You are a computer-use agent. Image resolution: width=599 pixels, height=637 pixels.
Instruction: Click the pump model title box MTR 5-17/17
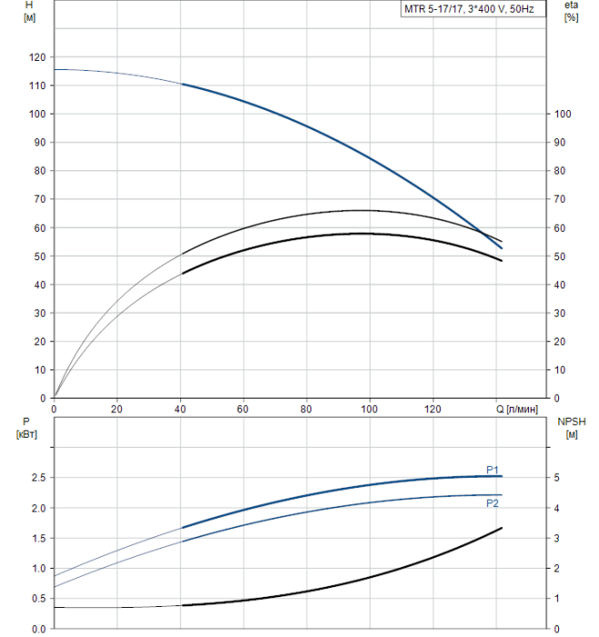473,9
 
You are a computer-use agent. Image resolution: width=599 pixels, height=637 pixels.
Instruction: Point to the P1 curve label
492,470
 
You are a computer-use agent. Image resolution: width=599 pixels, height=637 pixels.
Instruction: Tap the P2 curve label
492,503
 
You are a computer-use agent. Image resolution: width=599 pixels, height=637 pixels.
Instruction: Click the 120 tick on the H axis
37,57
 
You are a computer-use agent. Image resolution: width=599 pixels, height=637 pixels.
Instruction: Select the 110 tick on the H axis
37,86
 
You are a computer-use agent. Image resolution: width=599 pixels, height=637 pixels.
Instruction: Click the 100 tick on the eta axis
563,114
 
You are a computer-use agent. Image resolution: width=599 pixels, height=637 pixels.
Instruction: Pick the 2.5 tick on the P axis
39,478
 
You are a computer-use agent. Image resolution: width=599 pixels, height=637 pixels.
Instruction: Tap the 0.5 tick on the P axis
39,599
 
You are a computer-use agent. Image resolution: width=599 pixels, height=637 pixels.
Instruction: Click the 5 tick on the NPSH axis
556,478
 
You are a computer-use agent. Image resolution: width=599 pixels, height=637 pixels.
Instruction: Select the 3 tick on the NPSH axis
556,539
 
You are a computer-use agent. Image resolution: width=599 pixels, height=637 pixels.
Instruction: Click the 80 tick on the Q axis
306,409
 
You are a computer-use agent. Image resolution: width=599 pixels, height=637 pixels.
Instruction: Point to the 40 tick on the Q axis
180,409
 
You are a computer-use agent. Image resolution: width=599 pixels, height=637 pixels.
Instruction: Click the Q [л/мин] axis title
517,409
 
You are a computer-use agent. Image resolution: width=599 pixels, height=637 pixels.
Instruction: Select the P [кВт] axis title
26,428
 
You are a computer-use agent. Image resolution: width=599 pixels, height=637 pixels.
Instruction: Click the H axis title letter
29,5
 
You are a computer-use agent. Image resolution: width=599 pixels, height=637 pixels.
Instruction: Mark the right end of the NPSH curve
502,528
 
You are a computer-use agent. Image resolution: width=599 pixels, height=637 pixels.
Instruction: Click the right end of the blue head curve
502,248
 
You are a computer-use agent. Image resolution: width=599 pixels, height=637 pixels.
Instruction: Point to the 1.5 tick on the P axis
39,539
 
